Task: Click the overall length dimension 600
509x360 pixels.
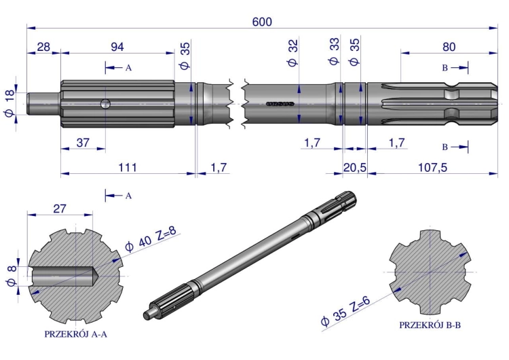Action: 262,22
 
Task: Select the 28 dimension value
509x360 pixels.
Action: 43,47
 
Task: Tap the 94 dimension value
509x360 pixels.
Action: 117,47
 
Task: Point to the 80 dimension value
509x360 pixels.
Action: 449,47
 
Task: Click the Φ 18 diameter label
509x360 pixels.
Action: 10,103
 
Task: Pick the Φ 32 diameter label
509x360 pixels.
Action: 293,53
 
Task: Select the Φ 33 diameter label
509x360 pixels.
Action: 334,52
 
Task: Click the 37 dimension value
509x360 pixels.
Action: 83,143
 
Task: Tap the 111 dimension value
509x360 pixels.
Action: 128,167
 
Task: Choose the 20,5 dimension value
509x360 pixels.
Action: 355,168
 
